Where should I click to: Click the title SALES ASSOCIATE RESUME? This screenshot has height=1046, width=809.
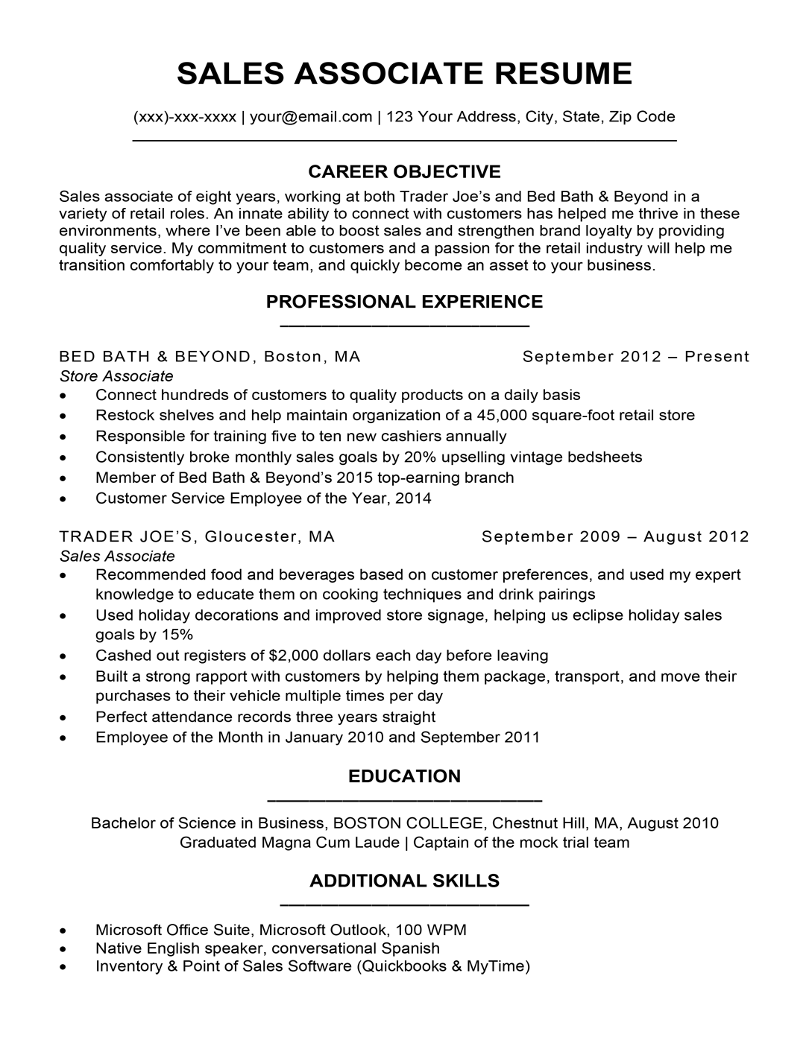coord(404,73)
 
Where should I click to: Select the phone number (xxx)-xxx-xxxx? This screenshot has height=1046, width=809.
coord(184,116)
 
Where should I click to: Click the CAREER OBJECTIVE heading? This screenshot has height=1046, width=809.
coord(404,172)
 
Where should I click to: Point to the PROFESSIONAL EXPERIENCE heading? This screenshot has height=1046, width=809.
coord(404,302)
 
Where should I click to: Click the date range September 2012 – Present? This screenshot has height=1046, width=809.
coord(635,356)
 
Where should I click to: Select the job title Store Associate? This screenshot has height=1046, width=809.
coord(116,376)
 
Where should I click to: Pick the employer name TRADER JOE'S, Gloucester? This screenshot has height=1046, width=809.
coord(197,536)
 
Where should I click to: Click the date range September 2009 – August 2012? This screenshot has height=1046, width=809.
coord(615,536)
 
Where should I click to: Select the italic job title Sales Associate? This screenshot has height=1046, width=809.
coord(117,556)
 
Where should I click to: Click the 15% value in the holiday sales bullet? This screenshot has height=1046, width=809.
coord(177,635)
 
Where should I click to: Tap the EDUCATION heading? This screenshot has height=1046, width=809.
coord(404,776)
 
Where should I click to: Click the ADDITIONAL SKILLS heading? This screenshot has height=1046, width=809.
coord(404,881)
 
